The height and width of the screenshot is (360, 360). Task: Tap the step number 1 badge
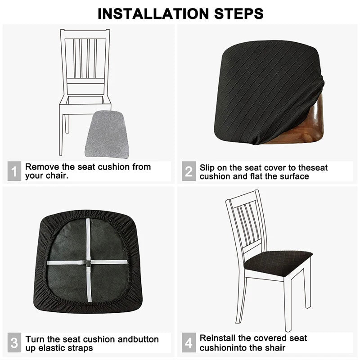click(14, 171)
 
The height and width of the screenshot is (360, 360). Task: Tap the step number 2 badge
click(189, 171)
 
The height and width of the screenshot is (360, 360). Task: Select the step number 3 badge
click(14, 343)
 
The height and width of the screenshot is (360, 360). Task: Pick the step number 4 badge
click(189, 343)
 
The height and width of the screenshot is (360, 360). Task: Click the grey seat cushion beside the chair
click(107, 135)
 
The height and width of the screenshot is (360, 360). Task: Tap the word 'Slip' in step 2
click(208, 167)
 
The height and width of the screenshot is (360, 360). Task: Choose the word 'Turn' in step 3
click(35, 339)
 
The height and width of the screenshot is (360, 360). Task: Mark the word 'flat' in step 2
click(256, 176)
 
